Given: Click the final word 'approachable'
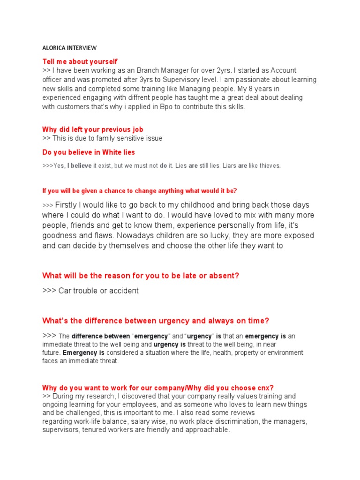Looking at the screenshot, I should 206,430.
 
